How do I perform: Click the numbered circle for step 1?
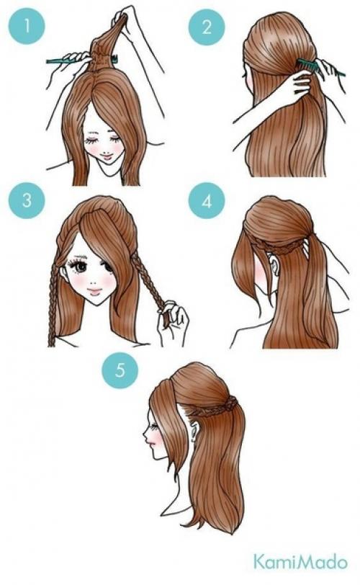coord(27,27)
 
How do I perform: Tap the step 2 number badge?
coord(207,27)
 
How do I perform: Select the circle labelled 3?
coord(27,200)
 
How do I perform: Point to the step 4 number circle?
coord(207,201)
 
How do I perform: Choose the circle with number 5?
coord(120,370)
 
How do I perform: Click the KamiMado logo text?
coord(300,562)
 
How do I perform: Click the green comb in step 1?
coord(81,60)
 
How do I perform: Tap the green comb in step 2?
coord(320,68)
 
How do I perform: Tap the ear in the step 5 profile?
coord(193,432)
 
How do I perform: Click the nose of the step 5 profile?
coord(145,433)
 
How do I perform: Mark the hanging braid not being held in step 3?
coord(53,302)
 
